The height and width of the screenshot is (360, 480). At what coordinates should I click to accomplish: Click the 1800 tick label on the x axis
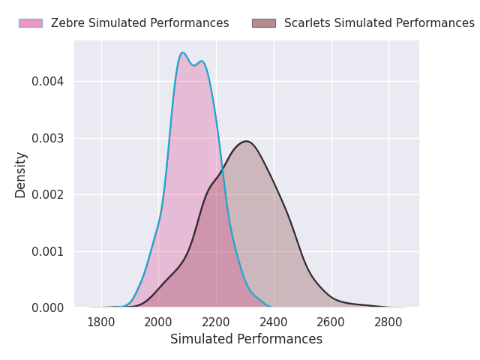(x=101, y=322)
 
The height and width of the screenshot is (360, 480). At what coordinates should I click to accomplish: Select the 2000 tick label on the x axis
(x=158, y=322)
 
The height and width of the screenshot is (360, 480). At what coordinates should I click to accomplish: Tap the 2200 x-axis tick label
(x=216, y=322)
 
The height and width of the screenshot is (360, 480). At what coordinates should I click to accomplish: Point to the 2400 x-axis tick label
(x=274, y=322)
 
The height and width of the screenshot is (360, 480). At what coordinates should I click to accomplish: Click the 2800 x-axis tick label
(x=388, y=322)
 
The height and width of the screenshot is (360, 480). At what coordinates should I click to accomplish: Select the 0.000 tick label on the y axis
(x=48, y=308)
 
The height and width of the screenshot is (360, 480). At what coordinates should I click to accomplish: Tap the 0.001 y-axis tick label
(x=48, y=252)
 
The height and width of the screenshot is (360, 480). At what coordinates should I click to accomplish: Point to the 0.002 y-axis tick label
(x=48, y=195)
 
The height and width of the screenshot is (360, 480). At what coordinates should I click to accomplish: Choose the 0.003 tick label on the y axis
(x=48, y=139)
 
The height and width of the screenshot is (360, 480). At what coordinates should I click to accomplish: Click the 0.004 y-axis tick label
(x=48, y=82)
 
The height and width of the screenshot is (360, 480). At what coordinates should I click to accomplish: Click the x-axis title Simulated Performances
(x=246, y=339)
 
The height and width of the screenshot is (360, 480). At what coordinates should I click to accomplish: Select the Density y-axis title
(x=21, y=175)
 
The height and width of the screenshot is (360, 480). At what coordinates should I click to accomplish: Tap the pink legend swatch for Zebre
(x=31, y=23)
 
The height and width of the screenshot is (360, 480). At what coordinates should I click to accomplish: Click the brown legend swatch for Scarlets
(x=264, y=23)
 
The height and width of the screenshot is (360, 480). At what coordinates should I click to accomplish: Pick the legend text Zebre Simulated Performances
(x=139, y=23)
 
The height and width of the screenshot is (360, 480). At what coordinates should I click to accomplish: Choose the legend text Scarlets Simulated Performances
(x=379, y=23)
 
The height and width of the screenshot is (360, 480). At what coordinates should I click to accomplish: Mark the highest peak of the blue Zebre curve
(x=183, y=52)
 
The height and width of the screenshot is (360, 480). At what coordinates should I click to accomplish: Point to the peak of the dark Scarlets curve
(x=246, y=141)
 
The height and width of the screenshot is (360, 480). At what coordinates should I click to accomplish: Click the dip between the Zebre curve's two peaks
(x=193, y=65)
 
